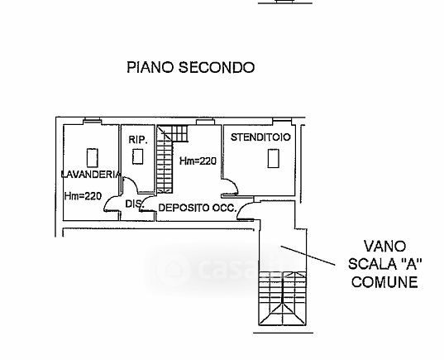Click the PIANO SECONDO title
pos(190,68)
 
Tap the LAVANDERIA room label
pos(91,175)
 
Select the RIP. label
pos(138,140)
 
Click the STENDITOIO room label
pos(260,137)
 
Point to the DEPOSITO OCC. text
pos(198,208)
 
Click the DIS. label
pos(133,204)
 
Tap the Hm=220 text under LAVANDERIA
pos(83,196)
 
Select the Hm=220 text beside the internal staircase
pos(198,161)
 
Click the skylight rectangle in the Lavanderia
pos(93,158)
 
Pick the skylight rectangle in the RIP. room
pos(137,156)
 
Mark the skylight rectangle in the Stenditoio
pos(273,158)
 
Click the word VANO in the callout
pos(384,246)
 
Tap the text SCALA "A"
pos(385,264)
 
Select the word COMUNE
pos(384,282)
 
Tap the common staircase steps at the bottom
pos(282,299)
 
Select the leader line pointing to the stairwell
pos(308,256)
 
